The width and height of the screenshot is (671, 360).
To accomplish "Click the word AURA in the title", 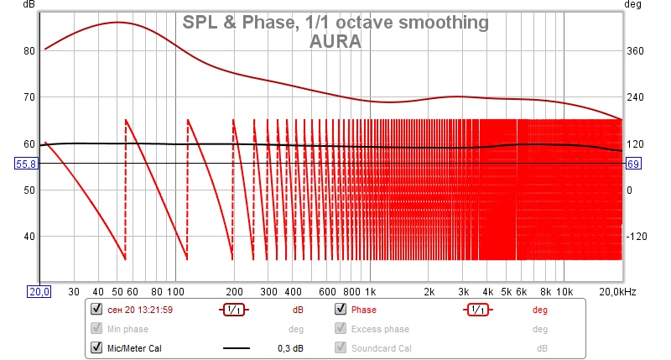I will pyautogui.click(x=335, y=40).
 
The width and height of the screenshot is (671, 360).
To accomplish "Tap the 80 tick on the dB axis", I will pyautogui.click(x=29, y=51).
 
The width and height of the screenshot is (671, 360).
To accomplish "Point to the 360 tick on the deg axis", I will pyautogui.click(x=635, y=51).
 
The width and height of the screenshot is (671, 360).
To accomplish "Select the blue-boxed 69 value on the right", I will pyautogui.click(x=634, y=164).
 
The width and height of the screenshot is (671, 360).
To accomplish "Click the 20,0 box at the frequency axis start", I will pyautogui.click(x=39, y=291).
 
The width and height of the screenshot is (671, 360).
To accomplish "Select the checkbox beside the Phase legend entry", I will pyautogui.click(x=341, y=309).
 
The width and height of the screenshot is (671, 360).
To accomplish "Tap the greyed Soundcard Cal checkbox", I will pyautogui.click(x=341, y=347).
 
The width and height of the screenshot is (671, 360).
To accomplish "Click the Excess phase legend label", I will pyautogui.click(x=379, y=328).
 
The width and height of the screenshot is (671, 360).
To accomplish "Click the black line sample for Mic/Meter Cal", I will pyautogui.click(x=237, y=347).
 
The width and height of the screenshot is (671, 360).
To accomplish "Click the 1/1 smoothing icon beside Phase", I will pyautogui.click(x=478, y=309).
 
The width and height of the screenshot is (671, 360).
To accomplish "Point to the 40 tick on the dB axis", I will pyautogui.click(x=29, y=236).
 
